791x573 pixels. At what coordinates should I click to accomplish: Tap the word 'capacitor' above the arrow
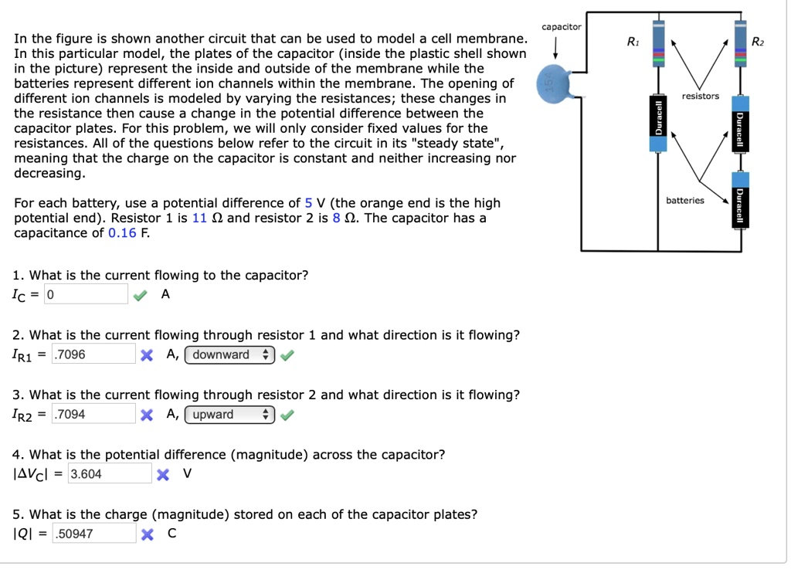pyautogui.click(x=561, y=27)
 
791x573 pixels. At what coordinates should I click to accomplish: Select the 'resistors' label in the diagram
pyautogui.click(x=701, y=96)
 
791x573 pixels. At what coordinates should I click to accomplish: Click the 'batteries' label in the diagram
pyautogui.click(x=685, y=200)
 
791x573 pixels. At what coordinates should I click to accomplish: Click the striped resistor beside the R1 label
pyautogui.click(x=659, y=46)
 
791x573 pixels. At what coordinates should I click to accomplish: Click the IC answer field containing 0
pyautogui.click(x=86, y=294)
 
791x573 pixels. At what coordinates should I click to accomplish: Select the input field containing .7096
pyautogui.click(x=93, y=354)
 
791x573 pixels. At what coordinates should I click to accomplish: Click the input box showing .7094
pyautogui.click(x=93, y=414)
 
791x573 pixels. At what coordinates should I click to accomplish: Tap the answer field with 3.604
pyautogui.click(x=109, y=473)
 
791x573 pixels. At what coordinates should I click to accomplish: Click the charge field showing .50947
pyautogui.click(x=94, y=533)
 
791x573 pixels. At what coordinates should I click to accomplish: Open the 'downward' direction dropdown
pyautogui.click(x=230, y=354)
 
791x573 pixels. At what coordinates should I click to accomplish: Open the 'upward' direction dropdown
pyautogui.click(x=229, y=414)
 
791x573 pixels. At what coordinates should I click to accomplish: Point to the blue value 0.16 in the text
pyautogui.click(x=122, y=232)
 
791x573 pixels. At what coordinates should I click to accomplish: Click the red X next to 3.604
pyautogui.click(x=162, y=474)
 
